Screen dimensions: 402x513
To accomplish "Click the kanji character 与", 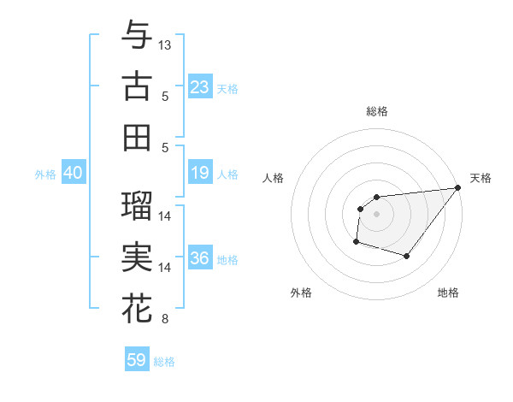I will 137,34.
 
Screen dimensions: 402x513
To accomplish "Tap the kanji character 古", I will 137,86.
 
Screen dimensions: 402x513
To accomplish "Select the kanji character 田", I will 137,137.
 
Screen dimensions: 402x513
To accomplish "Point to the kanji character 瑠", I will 137,204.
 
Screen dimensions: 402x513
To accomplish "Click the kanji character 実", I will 137,257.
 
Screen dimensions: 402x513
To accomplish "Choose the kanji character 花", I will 137,309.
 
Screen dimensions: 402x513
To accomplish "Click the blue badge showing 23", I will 200,86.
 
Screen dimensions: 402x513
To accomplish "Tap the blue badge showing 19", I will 200,174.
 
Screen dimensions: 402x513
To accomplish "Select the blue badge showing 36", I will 200,258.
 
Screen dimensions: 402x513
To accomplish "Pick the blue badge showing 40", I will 74,174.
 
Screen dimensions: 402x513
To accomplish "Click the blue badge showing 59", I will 137,360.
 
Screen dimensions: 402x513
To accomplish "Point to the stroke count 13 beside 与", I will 165,44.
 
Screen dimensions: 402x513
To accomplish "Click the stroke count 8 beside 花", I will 165,320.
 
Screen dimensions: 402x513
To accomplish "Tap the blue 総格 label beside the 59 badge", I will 164,362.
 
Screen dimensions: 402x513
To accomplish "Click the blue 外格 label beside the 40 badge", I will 45,174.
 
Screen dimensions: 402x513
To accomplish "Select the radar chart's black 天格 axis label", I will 481,178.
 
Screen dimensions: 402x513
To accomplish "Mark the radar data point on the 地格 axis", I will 407,256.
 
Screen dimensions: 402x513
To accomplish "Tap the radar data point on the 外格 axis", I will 356,242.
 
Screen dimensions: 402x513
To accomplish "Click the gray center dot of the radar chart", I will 376,214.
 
